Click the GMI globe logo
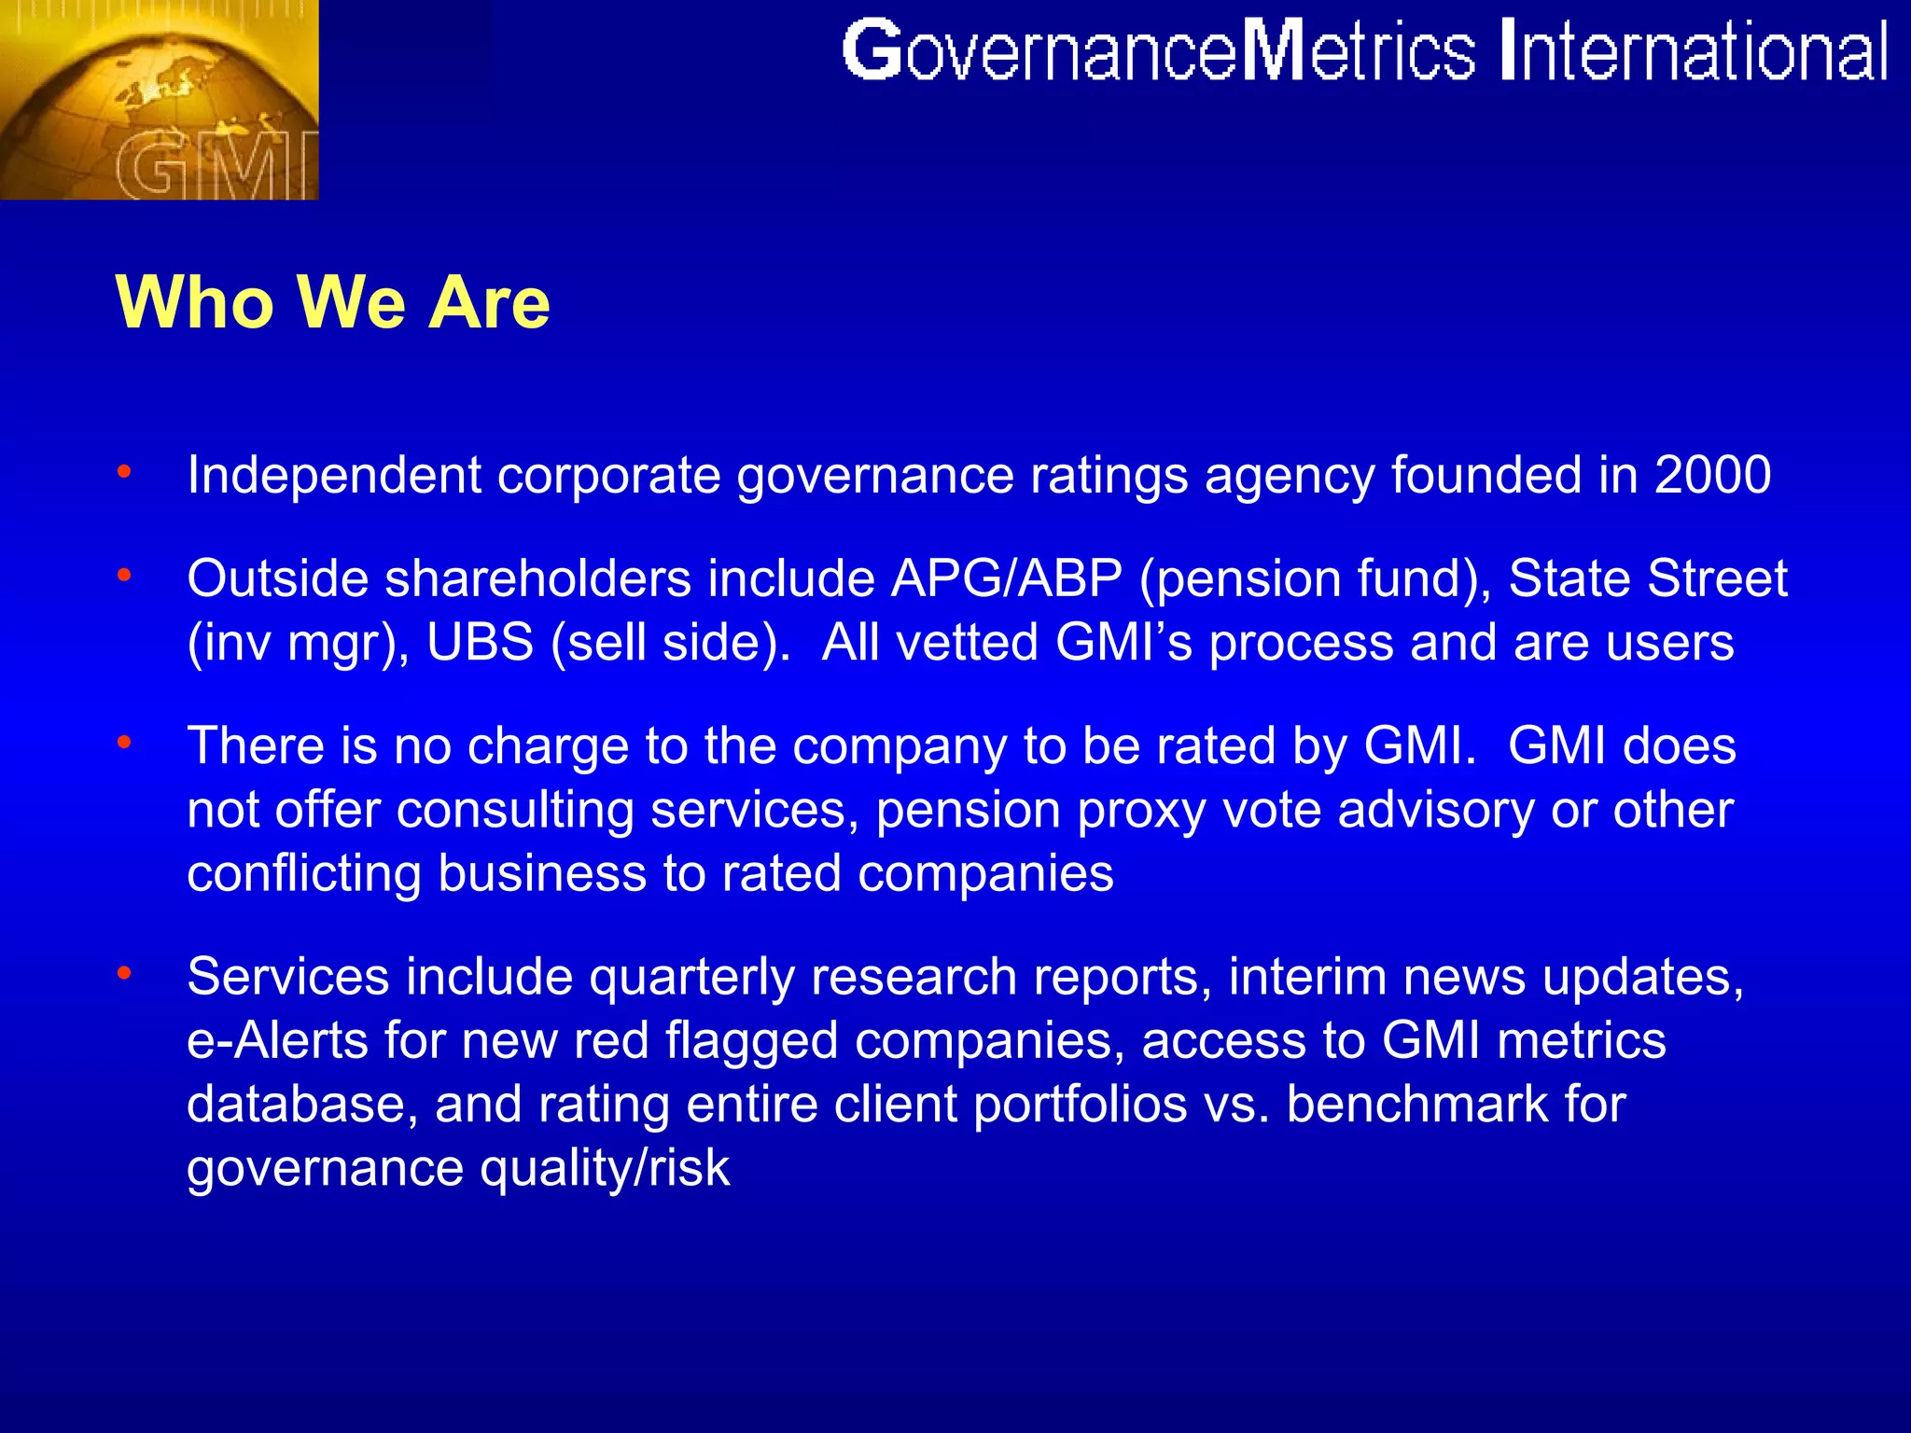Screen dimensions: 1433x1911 pyautogui.click(x=159, y=99)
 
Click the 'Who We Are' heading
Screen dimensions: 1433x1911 pyautogui.click(x=332, y=302)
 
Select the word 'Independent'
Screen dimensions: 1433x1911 pyautogui.click(x=334, y=476)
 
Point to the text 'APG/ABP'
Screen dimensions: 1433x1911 pyautogui.click(x=1006, y=578)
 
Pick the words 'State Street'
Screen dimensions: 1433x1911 pyautogui.click(x=1648, y=578)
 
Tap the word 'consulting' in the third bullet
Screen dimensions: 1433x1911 pyautogui.click(x=515, y=810)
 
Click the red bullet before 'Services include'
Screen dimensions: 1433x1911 pyautogui.click(x=124, y=973)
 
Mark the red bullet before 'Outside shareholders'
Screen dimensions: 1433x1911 pyautogui.click(x=124, y=575)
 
